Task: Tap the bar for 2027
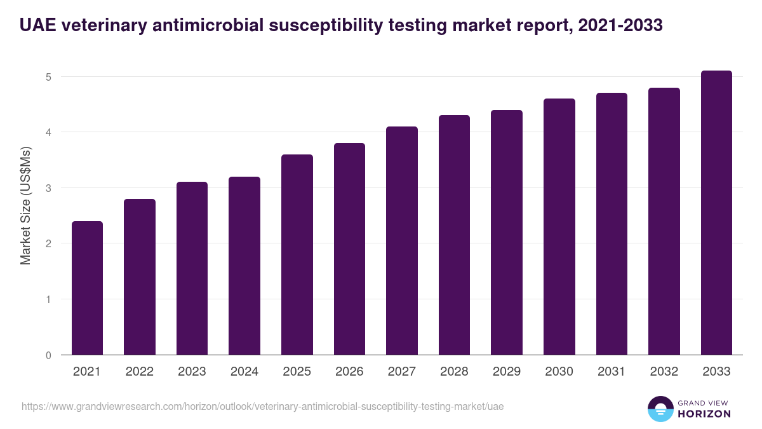402,241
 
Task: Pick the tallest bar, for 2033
716,213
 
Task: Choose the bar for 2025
297,255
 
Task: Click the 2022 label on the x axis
140,372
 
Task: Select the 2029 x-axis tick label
507,372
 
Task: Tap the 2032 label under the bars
664,372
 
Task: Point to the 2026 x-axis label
349,372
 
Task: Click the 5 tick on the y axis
48,77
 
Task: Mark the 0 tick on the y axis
48,355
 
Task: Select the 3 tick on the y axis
48,188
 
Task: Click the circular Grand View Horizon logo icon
660,409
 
